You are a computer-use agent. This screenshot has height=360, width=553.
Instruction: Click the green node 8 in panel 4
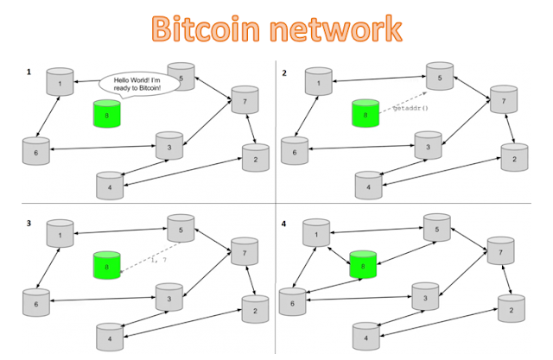(361, 262)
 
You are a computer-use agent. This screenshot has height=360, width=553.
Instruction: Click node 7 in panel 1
(243, 101)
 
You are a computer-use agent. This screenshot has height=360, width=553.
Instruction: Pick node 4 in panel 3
(108, 335)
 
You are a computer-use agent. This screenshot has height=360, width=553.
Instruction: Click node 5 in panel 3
(180, 231)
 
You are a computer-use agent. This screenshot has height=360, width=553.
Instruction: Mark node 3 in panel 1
(169, 146)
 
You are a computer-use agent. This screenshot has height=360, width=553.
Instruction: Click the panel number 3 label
(29, 223)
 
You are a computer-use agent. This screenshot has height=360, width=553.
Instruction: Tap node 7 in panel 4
(498, 252)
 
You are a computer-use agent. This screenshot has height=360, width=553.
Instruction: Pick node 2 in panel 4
(511, 306)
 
